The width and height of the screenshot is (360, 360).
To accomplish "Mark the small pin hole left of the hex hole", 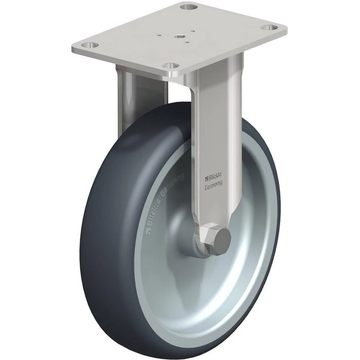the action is (x=159, y=35).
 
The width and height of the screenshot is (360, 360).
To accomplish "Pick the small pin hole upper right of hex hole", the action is (x=194, y=31).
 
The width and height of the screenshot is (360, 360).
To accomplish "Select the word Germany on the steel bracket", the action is (x=213, y=186).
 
